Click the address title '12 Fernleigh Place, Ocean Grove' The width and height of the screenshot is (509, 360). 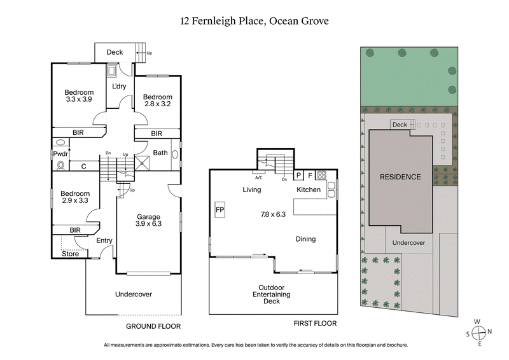coord(254,20)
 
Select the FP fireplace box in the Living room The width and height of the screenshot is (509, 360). coord(220,209)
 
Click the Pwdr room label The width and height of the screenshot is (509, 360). coord(61,154)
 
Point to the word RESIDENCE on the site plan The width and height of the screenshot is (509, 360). coord(400,177)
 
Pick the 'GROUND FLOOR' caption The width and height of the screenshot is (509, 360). coord(153,326)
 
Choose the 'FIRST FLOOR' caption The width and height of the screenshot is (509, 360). coord(315,324)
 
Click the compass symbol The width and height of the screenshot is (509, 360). coord(479,331)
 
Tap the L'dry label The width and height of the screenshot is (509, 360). coord(119,87)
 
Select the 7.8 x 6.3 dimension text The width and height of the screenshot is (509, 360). coord(273,214)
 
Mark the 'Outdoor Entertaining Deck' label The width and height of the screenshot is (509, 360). coord(275,294)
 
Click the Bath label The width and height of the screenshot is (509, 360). coord(160,153)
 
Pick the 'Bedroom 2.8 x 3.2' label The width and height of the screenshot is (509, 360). coord(157,100)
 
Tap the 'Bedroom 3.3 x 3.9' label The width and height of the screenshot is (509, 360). coord(79,95)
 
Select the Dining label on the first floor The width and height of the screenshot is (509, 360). coord(305,239)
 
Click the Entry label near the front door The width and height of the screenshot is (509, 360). coord(104,240)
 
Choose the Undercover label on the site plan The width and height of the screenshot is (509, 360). coord(408,243)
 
